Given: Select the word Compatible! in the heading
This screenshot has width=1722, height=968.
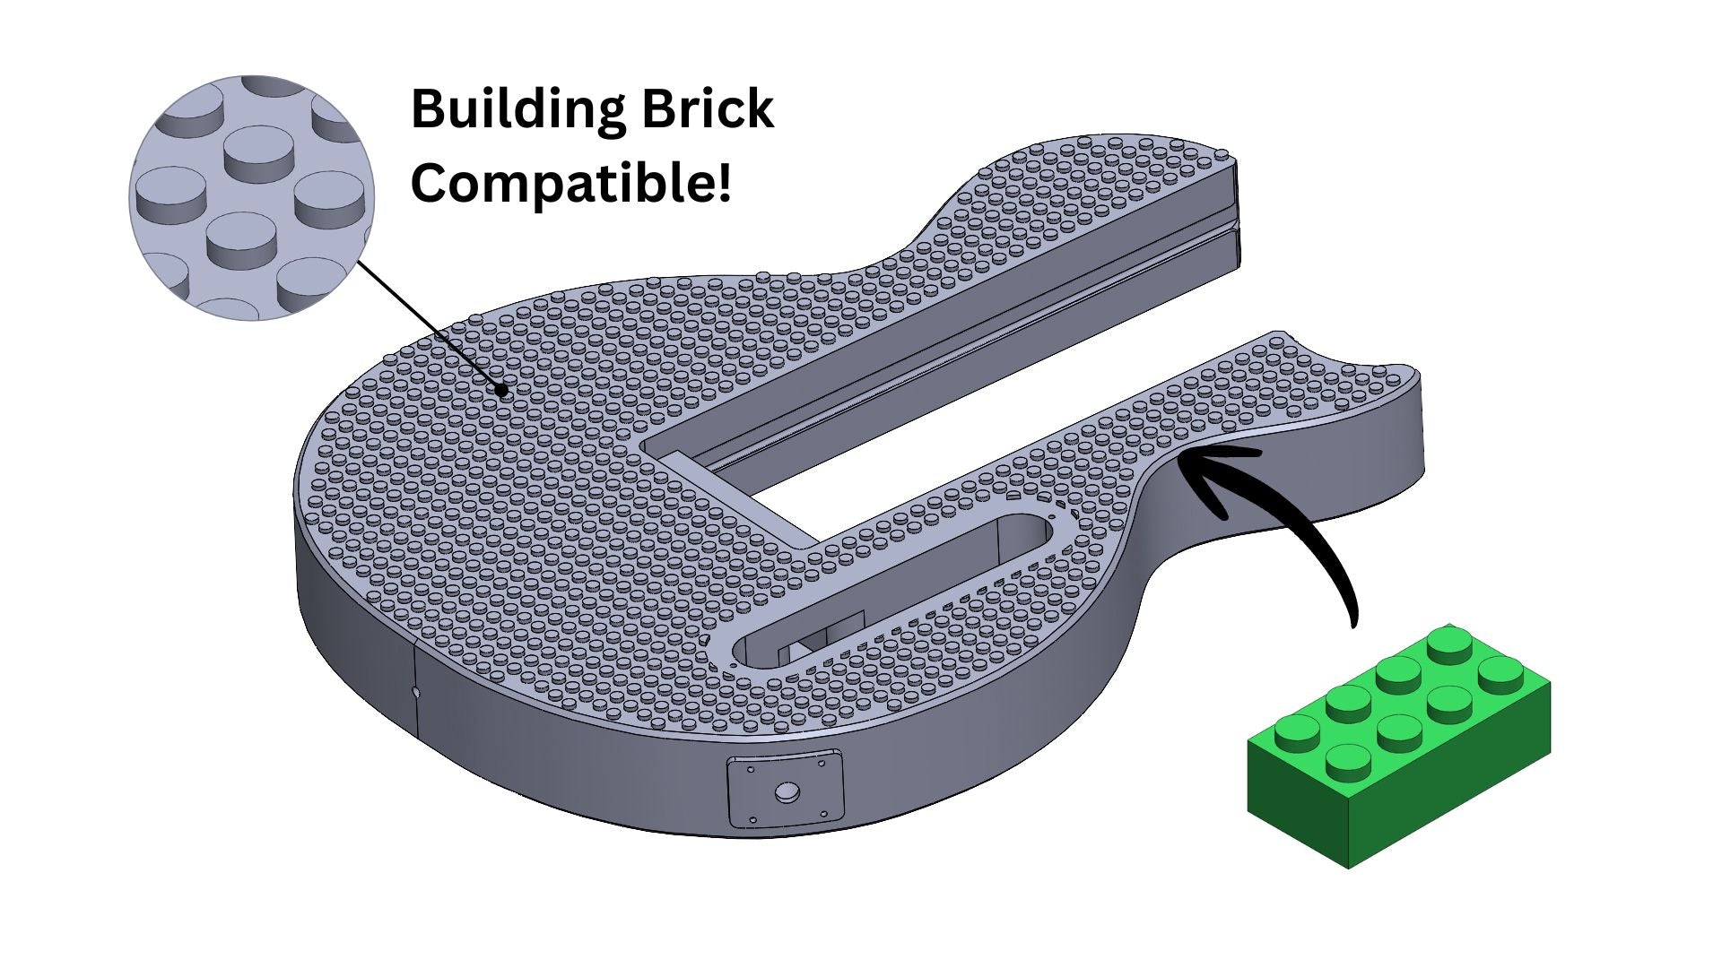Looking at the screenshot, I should [x=570, y=184].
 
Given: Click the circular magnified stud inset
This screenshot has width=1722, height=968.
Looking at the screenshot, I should [x=251, y=197].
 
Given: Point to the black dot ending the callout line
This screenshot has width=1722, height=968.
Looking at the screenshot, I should [x=503, y=390].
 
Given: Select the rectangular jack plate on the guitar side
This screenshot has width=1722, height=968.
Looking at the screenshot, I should [x=786, y=790].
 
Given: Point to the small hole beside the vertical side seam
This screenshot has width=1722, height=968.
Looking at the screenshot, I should [x=414, y=691].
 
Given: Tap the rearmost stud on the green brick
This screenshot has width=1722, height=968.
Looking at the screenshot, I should [x=1448, y=644].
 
